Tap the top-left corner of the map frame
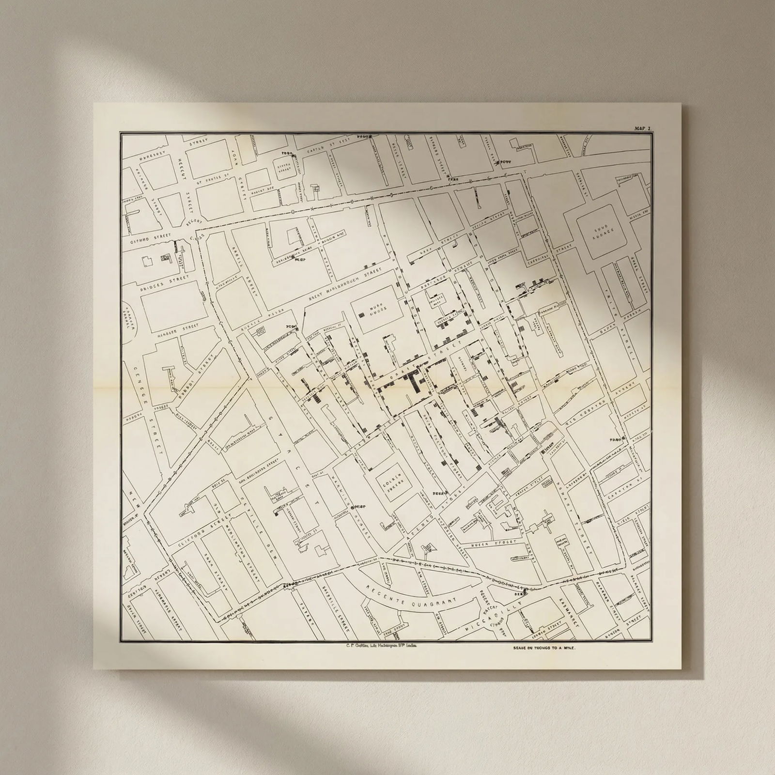tap(121, 134)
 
